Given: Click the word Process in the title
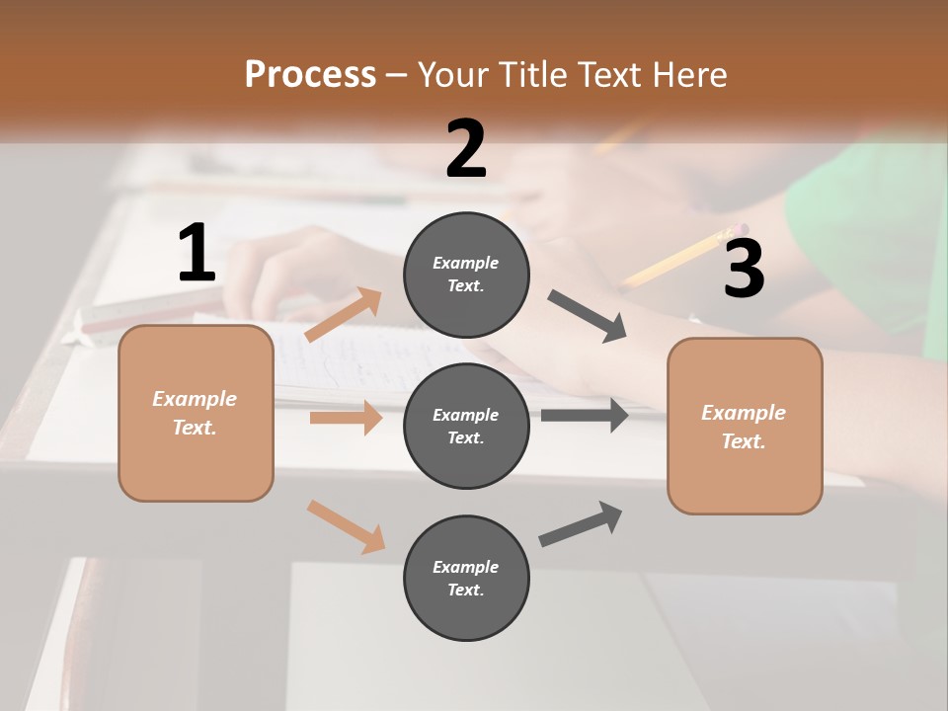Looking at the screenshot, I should click(x=310, y=74).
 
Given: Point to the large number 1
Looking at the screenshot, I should click(x=197, y=254).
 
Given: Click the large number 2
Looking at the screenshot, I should click(x=466, y=149).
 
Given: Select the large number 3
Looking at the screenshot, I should click(x=744, y=269).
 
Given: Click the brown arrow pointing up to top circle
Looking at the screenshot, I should click(x=344, y=315).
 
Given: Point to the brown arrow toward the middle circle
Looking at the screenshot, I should click(x=346, y=418).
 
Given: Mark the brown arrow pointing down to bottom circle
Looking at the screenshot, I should click(x=346, y=525).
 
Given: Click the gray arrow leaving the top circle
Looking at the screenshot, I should click(x=588, y=316).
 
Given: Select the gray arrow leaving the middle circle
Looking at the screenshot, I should click(x=585, y=415).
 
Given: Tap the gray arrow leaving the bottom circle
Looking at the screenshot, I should click(x=581, y=524).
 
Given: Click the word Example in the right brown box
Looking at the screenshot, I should click(x=744, y=413).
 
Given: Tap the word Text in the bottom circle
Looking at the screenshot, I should click(x=464, y=590).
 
